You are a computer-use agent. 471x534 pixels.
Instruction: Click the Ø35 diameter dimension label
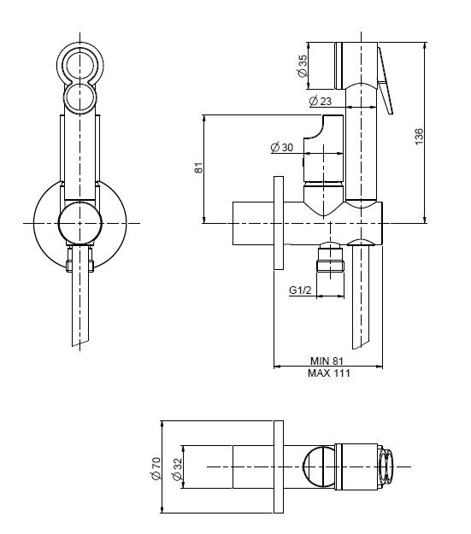(x=303, y=66)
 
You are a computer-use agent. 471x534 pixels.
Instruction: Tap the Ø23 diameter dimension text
(x=321, y=101)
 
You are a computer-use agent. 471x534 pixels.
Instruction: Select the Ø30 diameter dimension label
(x=282, y=147)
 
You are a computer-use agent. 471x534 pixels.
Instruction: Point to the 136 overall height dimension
(x=420, y=137)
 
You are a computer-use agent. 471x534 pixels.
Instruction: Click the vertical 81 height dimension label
(x=199, y=167)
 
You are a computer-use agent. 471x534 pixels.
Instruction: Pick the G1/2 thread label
(x=300, y=290)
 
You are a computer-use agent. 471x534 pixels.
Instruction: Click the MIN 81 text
(x=327, y=361)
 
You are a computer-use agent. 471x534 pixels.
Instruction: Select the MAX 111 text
(x=329, y=373)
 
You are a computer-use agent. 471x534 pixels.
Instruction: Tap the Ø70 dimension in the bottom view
(x=156, y=468)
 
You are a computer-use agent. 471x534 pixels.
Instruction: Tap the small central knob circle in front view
(x=80, y=223)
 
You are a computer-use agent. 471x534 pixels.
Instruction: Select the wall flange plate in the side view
(x=279, y=223)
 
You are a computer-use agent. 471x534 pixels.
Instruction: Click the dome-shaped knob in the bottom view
(x=319, y=467)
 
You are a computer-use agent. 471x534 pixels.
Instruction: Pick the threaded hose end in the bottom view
(x=386, y=467)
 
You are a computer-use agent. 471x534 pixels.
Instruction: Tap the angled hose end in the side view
(x=360, y=296)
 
